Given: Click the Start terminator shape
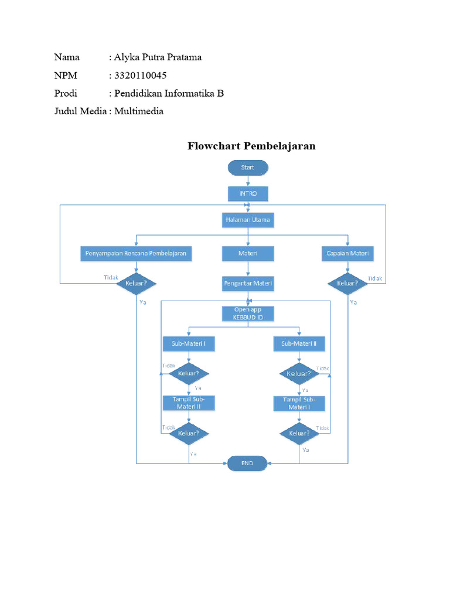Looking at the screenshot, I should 247,168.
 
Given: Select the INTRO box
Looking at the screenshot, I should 247,193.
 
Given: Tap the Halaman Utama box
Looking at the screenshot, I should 247,220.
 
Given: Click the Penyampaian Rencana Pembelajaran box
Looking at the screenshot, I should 136,253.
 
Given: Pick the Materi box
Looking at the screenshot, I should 247,253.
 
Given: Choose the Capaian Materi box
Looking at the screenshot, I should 348,253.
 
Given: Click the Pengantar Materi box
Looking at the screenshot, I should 247,284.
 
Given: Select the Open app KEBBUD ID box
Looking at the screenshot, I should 247,313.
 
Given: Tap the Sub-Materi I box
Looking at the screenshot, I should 189,343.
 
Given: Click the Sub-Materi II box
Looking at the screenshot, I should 299,343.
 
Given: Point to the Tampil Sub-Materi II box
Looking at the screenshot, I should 189,403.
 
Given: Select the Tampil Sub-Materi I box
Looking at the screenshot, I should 299,403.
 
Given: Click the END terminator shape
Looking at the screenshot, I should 247,463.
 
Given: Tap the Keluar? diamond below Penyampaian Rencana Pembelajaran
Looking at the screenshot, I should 136,284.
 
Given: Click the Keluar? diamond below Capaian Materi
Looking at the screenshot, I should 348,284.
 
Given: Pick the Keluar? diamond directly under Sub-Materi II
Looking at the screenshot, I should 299,373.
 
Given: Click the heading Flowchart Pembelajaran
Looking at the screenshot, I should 251,146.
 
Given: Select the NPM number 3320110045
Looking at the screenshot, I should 142,75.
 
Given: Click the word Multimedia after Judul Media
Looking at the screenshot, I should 139,111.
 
